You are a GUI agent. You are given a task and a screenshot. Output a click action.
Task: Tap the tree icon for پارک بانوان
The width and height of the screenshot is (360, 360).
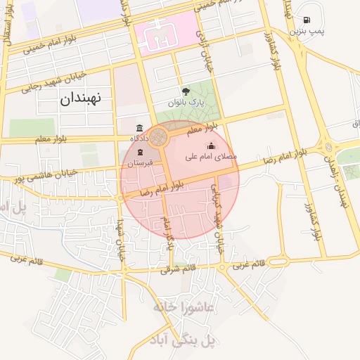click(x=186, y=91)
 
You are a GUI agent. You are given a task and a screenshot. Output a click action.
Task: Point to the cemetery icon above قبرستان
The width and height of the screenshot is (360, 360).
click(x=140, y=153)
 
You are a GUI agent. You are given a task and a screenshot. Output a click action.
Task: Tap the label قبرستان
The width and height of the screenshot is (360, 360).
click(x=139, y=162)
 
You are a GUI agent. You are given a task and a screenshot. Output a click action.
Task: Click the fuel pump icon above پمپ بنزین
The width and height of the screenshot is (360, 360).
click(x=307, y=20)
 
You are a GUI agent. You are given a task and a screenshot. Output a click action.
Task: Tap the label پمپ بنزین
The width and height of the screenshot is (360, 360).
click(x=307, y=31)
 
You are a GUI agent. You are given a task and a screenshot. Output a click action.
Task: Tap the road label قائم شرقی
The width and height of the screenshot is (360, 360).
click(x=176, y=268)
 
